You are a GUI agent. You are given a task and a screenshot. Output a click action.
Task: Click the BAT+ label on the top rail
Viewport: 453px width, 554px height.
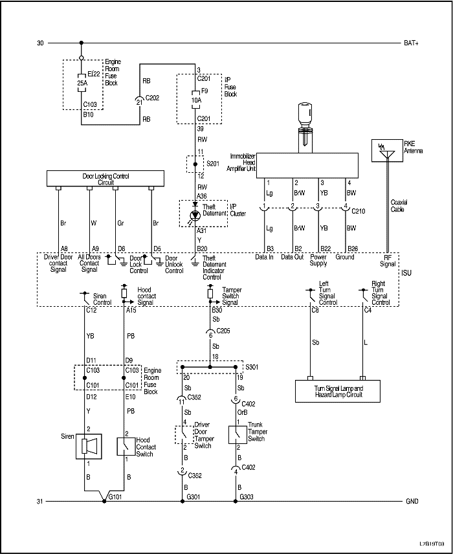(x=412, y=43)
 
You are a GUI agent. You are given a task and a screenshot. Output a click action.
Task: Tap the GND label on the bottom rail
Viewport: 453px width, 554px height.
(x=412, y=502)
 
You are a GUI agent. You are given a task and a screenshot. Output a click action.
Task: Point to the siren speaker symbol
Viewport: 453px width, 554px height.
(x=89, y=446)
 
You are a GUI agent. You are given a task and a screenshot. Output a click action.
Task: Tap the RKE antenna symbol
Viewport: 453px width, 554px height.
(x=387, y=150)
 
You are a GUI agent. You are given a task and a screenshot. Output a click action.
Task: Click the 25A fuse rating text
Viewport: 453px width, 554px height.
(x=82, y=83)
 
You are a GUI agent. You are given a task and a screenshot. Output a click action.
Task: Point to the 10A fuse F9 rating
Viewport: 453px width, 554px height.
(x=195, y=101)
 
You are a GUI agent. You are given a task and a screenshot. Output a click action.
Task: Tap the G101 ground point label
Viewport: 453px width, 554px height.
(x=115, y=497)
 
